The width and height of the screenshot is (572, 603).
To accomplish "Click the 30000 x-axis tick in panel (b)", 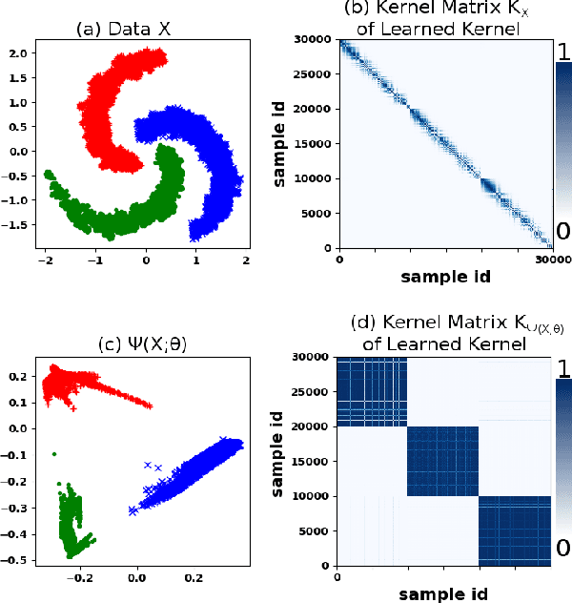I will (x=549, y=258).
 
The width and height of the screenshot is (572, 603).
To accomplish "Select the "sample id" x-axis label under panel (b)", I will (x=445, y=277).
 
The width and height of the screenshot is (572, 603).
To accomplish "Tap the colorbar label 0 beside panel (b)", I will (x=562, y=232).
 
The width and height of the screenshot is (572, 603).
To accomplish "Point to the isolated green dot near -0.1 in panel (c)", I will (x=54, y=454).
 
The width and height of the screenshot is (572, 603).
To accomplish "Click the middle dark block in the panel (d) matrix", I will (x=443, y=461).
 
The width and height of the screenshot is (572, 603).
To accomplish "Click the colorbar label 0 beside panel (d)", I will (x=562, y=547).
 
